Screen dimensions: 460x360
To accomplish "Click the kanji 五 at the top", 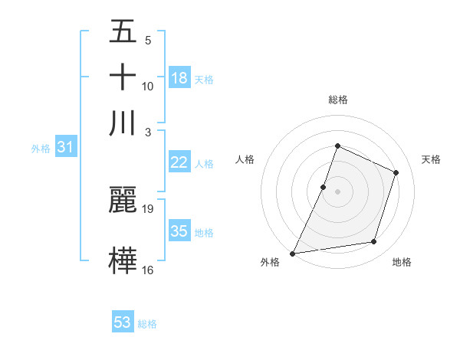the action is (x=123, y=33).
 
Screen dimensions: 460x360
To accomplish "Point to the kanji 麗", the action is (x=123, y=200).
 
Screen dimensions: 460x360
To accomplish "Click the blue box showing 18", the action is (x=179, y=78).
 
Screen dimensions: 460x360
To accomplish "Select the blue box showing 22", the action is (x=179, y=162).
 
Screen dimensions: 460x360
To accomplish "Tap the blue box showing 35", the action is (x=179, y=231).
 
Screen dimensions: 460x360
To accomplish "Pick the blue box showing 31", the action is (x=64, y=148).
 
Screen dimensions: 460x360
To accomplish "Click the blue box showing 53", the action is (x=123, y=322).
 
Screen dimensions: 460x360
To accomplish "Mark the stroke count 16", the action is (x=148, y=270).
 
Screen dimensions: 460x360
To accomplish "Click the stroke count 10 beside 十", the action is (x=148, y=86).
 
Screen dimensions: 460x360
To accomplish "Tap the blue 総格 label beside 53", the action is (x=147, y=324).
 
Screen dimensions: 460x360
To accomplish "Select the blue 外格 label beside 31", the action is (x=41, y=149).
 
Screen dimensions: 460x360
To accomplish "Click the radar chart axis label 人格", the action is (x=245, y=159).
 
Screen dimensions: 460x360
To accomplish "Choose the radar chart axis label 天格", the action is (x=431, y=159).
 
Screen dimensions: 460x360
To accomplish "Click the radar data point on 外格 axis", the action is (x=292, y=253).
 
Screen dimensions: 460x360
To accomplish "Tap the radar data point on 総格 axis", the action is (x=337, y=145).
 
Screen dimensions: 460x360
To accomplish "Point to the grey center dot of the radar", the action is (x=337, y=191).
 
